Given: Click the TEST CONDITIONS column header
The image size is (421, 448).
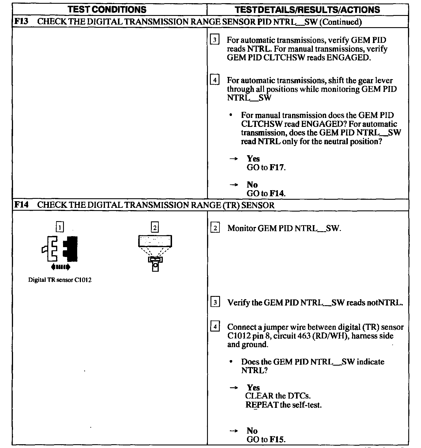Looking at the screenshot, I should point(107,10).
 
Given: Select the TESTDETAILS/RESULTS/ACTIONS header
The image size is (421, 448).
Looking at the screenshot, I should point(307,10).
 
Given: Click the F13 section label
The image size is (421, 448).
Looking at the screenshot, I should point(21,22).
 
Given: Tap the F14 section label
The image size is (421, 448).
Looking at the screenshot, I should point(21,205).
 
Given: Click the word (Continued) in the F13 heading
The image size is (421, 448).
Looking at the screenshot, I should point(340,22).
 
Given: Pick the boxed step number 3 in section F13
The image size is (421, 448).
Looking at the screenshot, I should point(215,40).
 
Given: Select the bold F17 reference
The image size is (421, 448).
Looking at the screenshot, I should point(277,167).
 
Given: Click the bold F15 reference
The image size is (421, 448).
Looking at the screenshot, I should point(277,439).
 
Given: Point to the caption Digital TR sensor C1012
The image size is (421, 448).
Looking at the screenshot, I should point(60,280).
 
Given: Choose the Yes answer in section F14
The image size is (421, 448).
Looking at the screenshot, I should point(253,388).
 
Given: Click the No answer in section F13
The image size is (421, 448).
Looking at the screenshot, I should point(252,185).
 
